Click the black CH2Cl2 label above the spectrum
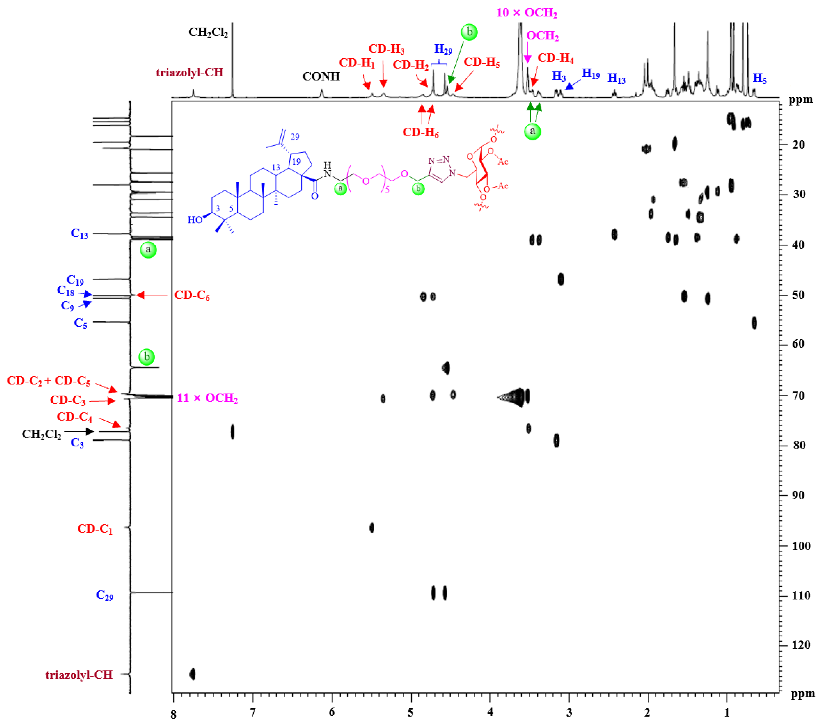point(208,32)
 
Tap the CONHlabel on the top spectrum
point(321,77)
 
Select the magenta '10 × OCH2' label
point(526,13)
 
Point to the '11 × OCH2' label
point(207,398)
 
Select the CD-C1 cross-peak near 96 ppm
point(372,528)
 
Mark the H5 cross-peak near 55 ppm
point(754,323)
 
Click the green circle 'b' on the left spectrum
point(147,357)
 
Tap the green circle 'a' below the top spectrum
point(532,131)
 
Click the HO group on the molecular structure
point(195,220)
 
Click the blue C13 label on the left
point(79,233)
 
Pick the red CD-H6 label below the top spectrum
point(420,132)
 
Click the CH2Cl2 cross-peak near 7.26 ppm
point(232,432)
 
